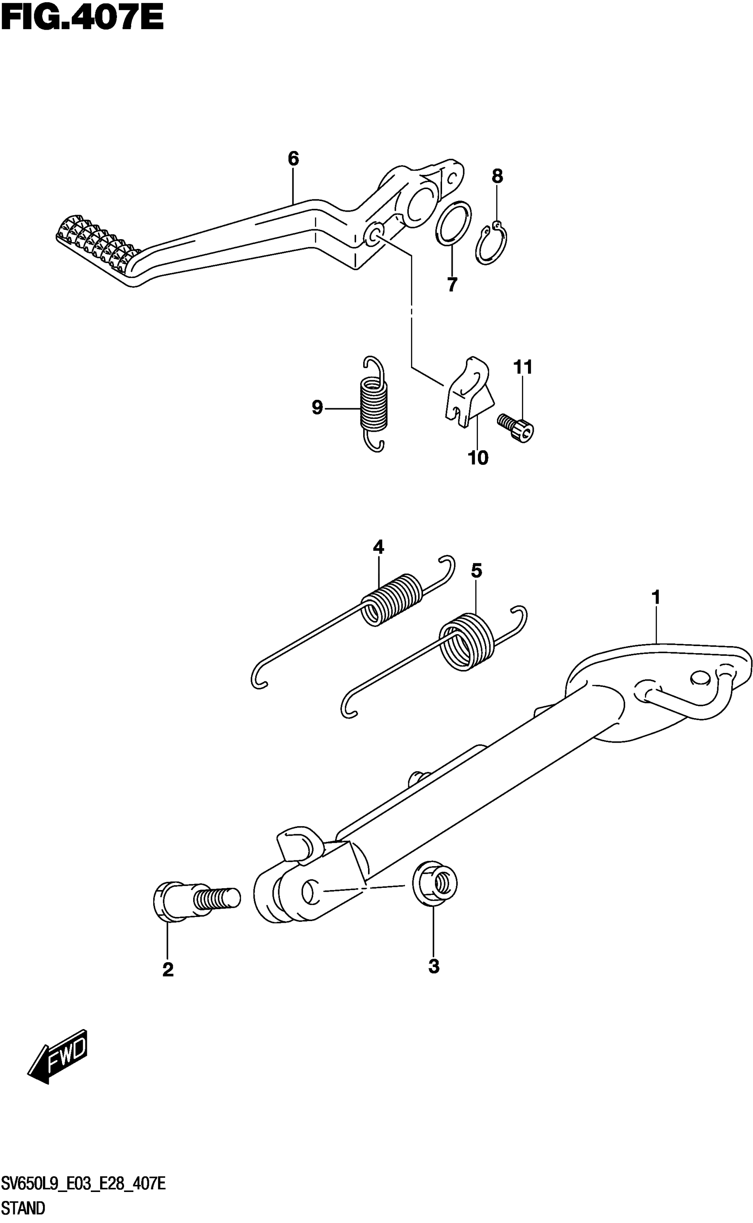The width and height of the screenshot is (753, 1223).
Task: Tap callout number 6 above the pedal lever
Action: coord(293,159)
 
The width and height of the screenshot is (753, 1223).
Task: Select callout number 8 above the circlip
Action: coord(497,176)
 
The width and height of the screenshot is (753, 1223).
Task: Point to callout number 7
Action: coord(452,285)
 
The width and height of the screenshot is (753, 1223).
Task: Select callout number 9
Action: coord(317,408)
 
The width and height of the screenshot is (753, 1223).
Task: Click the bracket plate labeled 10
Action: coord(467,393)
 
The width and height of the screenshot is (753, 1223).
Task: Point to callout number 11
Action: coord(523,368)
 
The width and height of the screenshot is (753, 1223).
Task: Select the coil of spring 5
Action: coord(466,642)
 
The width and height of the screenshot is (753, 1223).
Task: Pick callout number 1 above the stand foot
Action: coord(656,597)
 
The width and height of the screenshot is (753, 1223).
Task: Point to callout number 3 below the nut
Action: coord(434,967)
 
